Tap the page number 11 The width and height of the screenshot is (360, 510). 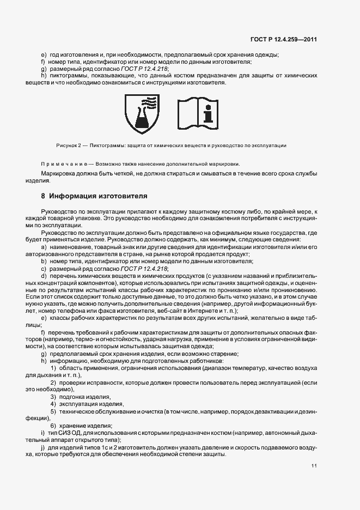pos(314,466)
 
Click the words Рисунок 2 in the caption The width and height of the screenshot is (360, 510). pos(68,145)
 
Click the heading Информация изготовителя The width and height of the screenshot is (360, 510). pos(96,195)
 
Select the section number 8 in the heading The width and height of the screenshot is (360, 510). pos(43,195)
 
